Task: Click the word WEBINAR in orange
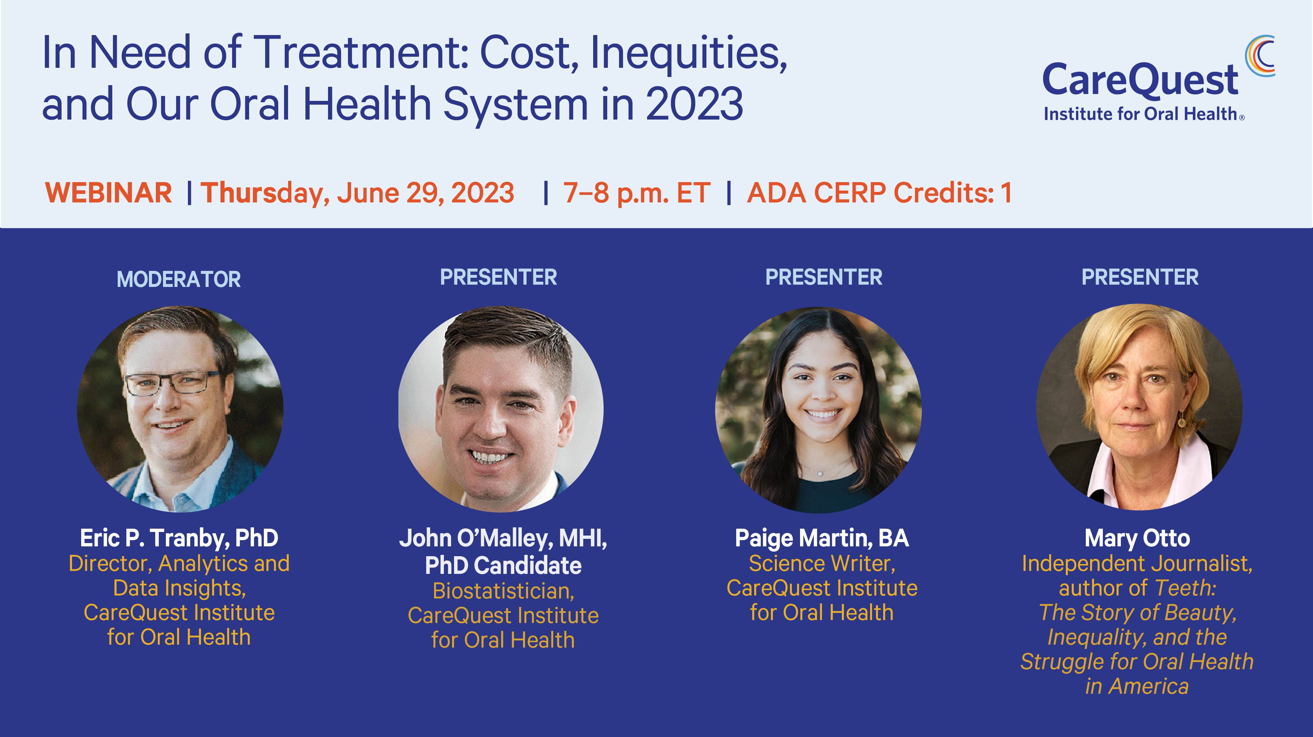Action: [109, 193]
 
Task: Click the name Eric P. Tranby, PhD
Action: [179, 538]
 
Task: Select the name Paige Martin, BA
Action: [822, 538]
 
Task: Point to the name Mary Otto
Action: [1137, 538]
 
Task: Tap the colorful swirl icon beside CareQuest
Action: [1260, 56]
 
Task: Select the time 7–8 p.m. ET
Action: [637, 193]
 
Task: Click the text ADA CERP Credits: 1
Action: [879, 193]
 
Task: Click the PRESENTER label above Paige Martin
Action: [824, 277]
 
